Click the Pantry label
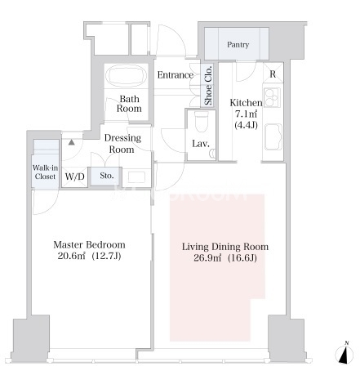238,44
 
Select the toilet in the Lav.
202,122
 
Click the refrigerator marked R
273,73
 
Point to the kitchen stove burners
272,97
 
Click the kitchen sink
273,136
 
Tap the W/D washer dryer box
75,177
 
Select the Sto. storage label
106,176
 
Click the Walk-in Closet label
45,172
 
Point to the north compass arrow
344,355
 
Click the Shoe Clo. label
208,85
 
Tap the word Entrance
176,75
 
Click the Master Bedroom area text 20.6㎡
71,256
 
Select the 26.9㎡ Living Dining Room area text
207,257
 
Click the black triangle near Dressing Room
71,142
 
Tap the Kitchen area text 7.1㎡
246,114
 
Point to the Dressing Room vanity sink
136,177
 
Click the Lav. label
201,144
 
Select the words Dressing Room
122,144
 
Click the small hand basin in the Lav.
212,154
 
